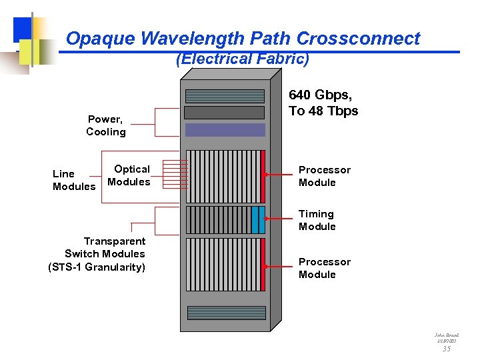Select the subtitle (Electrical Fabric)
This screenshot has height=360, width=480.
click(242, 59)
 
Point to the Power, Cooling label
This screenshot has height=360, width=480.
click(105, 125)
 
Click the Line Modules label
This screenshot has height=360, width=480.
click(73, 180)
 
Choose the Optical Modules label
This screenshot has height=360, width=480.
click(129, 175)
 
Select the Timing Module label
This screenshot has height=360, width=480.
click(317, 220)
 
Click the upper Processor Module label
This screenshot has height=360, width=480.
click(324, 176)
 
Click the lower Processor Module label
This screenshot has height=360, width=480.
click(324, 268)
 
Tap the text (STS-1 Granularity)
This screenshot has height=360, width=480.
click(97, 267)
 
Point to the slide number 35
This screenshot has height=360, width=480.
click(446, 348)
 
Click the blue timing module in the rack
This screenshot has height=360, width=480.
click(256, 219)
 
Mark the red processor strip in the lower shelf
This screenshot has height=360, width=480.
click(263, 265)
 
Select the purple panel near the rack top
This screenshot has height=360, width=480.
click(225, 129)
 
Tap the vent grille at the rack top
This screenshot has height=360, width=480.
click(225, 96)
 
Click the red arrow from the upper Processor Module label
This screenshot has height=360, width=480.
click(280, 175)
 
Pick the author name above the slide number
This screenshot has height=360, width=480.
click(446, 336)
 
